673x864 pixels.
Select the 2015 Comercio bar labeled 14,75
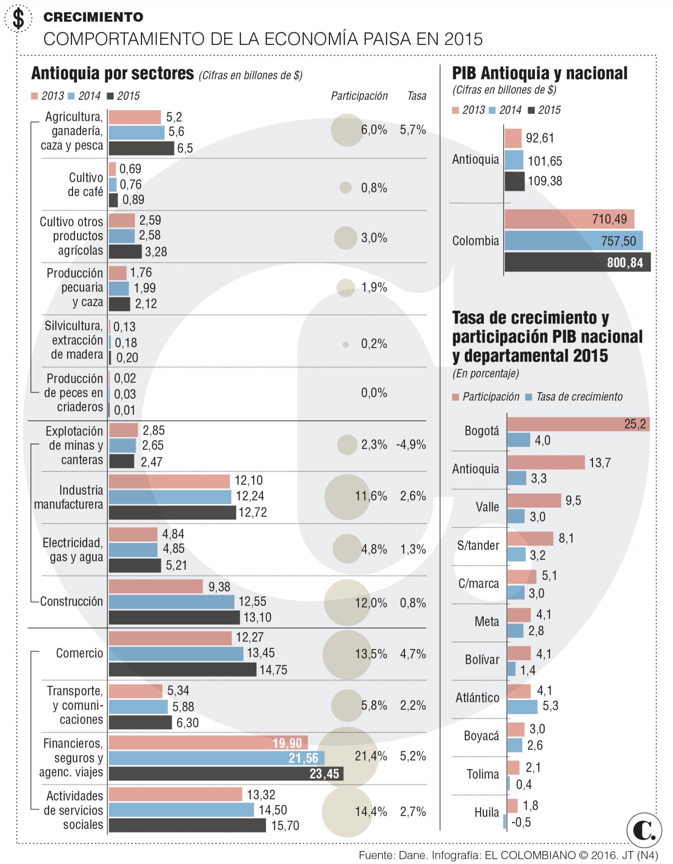coord(182,670)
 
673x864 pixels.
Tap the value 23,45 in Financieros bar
coord(324,773)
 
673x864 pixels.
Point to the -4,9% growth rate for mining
coord(411,445)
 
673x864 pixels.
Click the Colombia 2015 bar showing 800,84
coord(577,262)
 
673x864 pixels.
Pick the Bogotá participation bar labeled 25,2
coord(578,424)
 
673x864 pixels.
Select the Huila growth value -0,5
coord(521,822)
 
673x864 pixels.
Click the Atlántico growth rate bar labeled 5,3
coord(522,706)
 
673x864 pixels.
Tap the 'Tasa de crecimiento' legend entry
coord(579,397)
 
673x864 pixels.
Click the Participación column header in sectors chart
coord(359,96)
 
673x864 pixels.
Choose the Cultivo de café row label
coord(86,184)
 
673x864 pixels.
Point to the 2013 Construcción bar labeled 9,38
coord(156,586)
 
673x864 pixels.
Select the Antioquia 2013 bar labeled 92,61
coord(513,138)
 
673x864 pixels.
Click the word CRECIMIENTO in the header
coord(93,17)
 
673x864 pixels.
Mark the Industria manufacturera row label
coord(69,497)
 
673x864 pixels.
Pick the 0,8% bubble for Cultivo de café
coord(346,187)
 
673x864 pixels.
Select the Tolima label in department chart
coord(483,774)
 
